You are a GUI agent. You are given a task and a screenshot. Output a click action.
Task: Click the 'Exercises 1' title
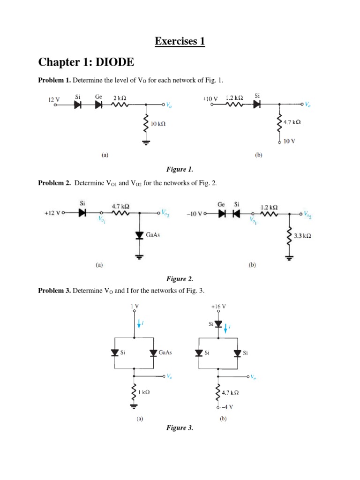click(180, 41)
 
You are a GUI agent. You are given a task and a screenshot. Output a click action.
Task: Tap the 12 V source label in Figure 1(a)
click(54, 99)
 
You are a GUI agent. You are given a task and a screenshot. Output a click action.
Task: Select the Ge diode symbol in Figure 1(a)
click(98, 105)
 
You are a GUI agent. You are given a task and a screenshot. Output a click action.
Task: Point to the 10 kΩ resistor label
click(157, 124)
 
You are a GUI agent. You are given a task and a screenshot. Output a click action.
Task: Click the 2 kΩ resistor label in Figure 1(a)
click(120, 97)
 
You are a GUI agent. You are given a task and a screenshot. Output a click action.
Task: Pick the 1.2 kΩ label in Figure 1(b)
click(234, 97)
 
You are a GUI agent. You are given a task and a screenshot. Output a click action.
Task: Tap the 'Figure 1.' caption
click(180, 169)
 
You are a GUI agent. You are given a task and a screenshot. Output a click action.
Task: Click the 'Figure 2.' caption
click(180, 279)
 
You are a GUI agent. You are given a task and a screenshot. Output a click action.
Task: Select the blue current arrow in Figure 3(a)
click(138, 323)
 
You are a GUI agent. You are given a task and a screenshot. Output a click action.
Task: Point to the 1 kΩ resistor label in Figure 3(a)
click(143, 391)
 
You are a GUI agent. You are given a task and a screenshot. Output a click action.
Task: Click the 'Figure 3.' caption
click(180, 428)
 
